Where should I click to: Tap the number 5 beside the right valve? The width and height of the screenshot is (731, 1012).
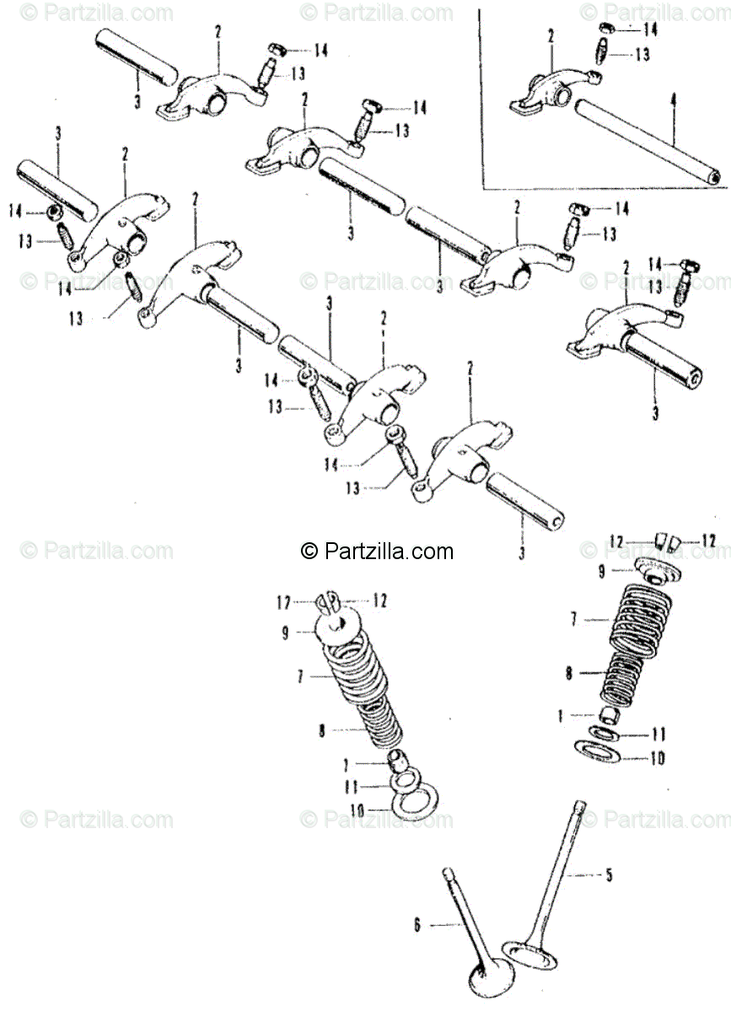(610, 875)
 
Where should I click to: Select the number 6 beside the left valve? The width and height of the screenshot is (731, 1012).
(417, 925)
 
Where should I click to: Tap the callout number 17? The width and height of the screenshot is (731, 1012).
(284, 602)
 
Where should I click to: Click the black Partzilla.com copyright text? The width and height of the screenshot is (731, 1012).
(377, 552)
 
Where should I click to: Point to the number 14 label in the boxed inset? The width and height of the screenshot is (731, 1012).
(650, 30)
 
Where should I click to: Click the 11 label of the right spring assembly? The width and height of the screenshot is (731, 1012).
(658, 734)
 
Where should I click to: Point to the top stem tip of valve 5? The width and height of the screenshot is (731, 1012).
(579, 805)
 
